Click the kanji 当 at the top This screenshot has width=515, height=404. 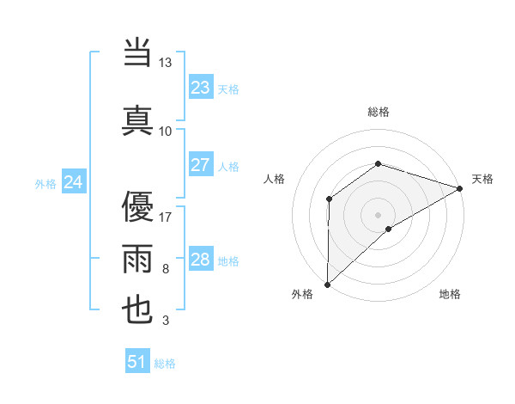(138, 54)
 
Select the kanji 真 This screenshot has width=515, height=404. (138, 119)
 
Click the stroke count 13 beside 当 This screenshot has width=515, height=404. (166, 64)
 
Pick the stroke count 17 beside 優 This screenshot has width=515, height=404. (166, 217)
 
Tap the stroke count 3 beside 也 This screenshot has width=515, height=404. (166, 321)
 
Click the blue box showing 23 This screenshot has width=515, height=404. (201, 87)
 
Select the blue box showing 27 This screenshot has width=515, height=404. (201, 165)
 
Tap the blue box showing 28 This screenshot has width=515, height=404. (201, 260)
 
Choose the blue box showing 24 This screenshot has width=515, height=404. (74, 181)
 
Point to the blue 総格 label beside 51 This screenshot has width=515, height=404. (165, 364)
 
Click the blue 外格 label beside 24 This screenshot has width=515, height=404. (45, 183)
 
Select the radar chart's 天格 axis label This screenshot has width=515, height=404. (482, 179)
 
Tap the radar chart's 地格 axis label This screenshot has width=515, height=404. (450, 294)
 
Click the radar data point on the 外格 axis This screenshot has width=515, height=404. (327, 284)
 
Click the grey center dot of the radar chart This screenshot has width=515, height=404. (378, 213)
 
